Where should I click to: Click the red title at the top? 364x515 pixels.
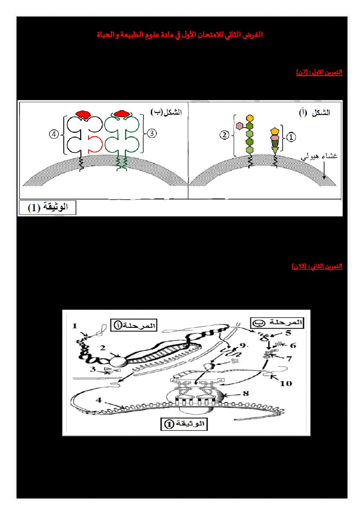[x=180, y=35]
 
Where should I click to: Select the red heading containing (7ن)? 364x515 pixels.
[x=319, y=72]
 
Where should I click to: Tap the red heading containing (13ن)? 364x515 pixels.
[x=317, y=266]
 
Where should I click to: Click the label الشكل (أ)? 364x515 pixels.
[x=314, y=113]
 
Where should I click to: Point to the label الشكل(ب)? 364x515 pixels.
[x=166, y=112]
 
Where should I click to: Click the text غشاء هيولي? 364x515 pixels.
[x=319, y=157]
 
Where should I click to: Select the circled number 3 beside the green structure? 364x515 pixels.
[x=152, y=133]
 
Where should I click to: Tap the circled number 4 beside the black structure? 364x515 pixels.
[x=54, y=134]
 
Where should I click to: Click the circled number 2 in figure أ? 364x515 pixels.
[x=224, y=135]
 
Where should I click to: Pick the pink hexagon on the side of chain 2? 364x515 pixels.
[x=239, y=126]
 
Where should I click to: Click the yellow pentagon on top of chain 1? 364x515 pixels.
[x=275, y=131]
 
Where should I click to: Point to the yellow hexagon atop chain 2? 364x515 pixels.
[x=249, y=118]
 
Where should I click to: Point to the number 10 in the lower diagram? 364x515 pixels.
[x=286, y=383]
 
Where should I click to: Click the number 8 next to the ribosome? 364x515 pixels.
[x=246, y=393]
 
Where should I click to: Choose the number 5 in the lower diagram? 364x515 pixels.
[x=288, y=333]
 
